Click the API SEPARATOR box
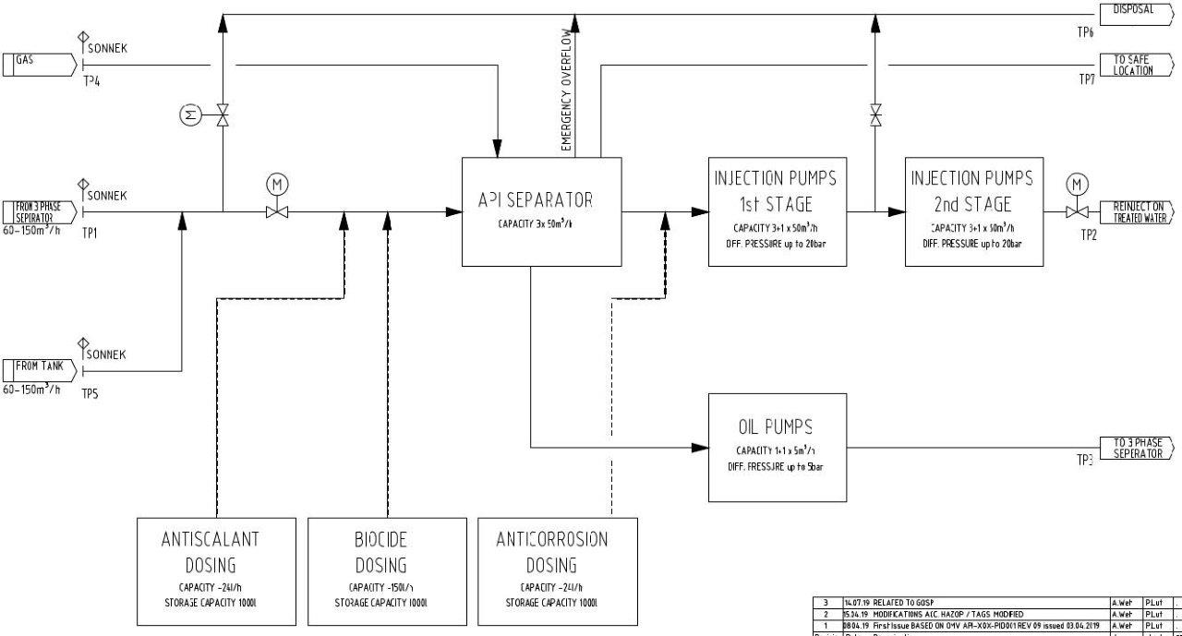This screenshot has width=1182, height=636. pos(541,212)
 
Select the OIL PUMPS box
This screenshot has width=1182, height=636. pos(777,447)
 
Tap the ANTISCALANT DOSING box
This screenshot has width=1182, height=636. pos(210,572)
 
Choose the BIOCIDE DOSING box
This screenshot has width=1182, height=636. pos(380,572)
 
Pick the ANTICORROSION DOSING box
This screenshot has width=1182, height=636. pos(551,572)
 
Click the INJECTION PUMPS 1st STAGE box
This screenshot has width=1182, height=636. pos(777,212)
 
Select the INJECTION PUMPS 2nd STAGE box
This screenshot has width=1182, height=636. pos(974,212)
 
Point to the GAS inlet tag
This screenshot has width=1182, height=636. pos(39,64)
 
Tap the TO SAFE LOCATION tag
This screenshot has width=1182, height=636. pos(1135,66)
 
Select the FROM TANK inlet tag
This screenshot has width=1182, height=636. pos(39,370)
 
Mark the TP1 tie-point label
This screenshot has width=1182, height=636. pos(90,233)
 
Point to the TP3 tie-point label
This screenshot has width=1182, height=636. pos(1084,460)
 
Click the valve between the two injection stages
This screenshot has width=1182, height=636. pos(874,114)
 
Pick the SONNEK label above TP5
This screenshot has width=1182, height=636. pos(106,354)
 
